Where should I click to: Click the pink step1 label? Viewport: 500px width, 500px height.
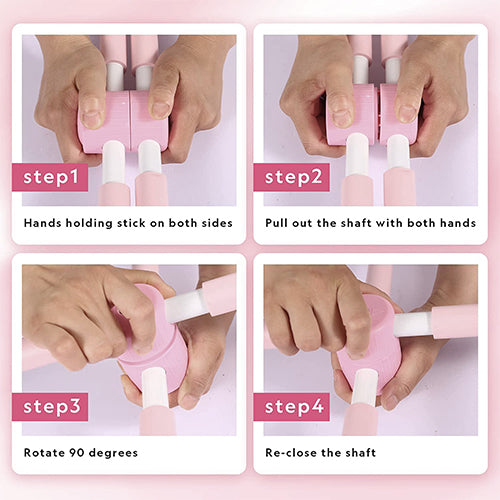click(50, 177)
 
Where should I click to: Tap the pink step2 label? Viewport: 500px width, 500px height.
click(292, 177)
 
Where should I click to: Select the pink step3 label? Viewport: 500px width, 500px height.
click(50, 407)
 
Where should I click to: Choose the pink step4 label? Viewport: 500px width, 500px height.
click(292, 407)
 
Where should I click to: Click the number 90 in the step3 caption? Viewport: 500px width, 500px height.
click(76, 453)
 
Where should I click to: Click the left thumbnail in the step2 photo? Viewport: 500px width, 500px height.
click(341, 117)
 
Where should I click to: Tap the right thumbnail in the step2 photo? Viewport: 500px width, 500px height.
click(407, 113)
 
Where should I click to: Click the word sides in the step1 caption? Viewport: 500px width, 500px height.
click(217, 223)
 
